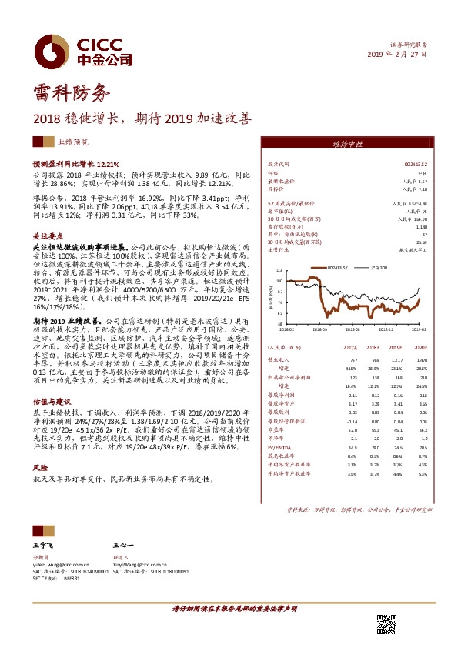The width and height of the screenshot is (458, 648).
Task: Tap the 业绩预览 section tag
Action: [x=73, y=143]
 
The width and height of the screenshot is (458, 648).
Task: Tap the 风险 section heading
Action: [x=40, y=467]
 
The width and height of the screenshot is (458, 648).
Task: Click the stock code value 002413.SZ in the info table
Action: [x=416, y=164]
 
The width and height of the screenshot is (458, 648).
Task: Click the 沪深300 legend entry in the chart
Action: [x=379, y=267]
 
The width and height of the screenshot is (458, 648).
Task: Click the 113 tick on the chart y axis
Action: [x=279, y=270]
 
